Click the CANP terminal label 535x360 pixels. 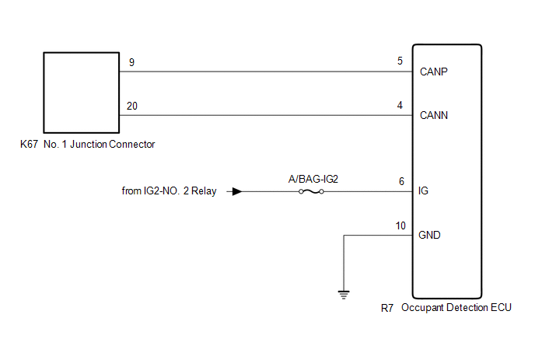(x=434, y=72)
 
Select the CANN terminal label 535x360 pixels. (x=434, y=115)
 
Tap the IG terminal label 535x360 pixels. (x=423, y=190)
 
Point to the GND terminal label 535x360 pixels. (x=429, y=235)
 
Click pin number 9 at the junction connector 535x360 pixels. (x=131, y=62)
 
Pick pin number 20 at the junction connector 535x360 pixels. (x=132, y=106)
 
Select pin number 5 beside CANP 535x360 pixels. (x=400, y=61)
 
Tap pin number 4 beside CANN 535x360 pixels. (x=400, y=105)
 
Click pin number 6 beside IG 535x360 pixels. (x=401, y=181)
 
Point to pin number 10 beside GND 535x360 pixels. (x=400, y=225)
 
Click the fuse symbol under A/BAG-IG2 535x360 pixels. (x=311, y=192)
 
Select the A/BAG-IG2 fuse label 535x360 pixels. (x=313, y=179)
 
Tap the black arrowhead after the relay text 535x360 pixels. (x=237, y=191)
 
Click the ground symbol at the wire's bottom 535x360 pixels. (x=344, y=295)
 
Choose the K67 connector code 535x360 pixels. (x=29, y=144)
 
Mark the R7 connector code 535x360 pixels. (x=387, y=308)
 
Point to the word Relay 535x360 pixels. (x=204, y=190)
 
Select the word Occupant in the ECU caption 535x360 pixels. (x=422, y=307)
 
